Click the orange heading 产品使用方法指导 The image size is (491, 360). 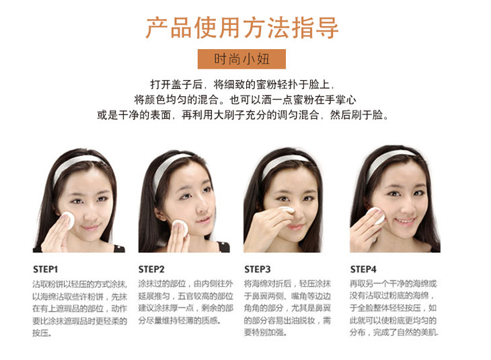click(x=241, y=28)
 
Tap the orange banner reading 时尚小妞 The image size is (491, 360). click(x=241, y=59)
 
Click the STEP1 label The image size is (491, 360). click(x=46, y=269)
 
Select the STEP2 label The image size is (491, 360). click(x=151, y=269)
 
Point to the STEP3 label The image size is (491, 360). click(x=258, y=269)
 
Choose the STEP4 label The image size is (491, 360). click(x=363, y=269)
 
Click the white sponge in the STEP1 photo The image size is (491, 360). click(x=68, y=220)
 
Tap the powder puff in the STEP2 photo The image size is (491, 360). click(x=180, y=228)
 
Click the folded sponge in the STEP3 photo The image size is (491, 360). click(x=286, y=210)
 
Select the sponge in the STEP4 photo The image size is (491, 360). click(x=375, y=215)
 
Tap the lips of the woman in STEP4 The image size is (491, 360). click(x=405, y=221)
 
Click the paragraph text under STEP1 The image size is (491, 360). click(x=80, y=308)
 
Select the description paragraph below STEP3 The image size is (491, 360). click(x=287, y=308)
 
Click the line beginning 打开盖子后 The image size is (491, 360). click(x=242, y=85)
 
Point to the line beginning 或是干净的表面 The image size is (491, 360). click(x=243, y=115)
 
